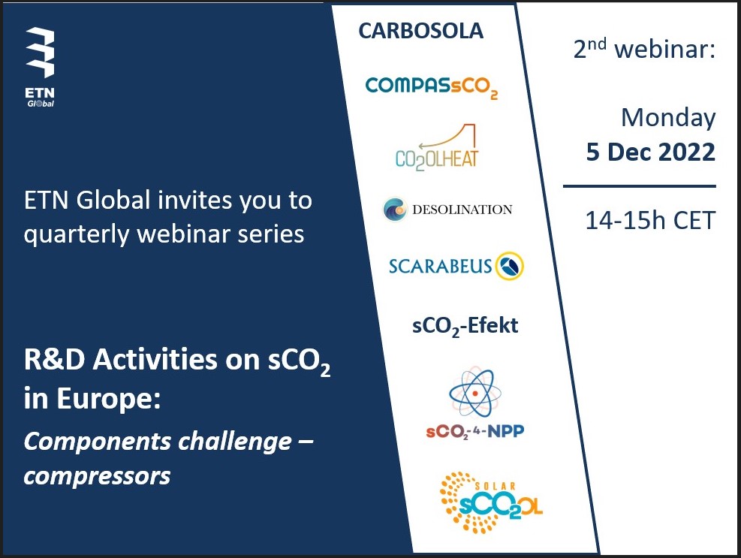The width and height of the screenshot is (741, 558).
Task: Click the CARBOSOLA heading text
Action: coord(420,31)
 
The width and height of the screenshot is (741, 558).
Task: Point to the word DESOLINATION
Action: coord(462,210)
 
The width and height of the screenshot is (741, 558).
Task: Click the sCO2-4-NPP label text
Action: coord(473,433)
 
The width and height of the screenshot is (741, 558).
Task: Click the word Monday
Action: coord(668,118)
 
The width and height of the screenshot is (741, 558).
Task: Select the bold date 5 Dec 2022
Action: coord(650,152)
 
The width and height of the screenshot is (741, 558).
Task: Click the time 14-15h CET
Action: coord(650,221)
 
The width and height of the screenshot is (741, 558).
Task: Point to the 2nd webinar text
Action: coord(644,50)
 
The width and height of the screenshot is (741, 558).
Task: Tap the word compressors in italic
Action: coord(97,475)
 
